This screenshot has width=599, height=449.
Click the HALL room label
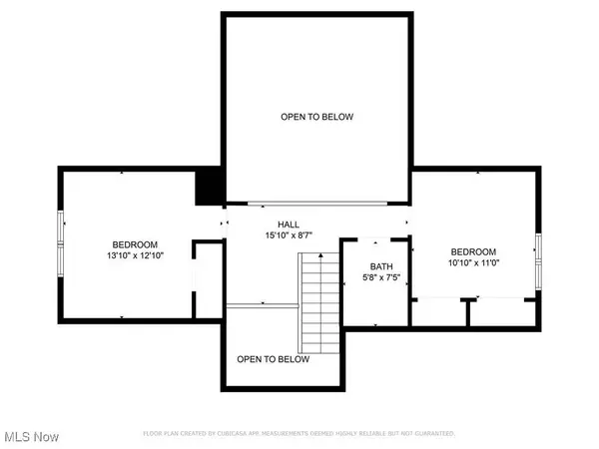pos(289,224)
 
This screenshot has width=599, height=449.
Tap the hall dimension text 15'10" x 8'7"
pos(289,236)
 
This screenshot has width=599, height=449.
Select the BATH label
pos(381,266)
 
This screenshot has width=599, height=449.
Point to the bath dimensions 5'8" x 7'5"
pos(381,278)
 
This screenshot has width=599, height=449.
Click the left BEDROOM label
pos(134,244)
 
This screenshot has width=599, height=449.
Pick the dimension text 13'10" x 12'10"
pos(134,256)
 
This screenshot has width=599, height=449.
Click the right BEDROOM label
pos(473,251)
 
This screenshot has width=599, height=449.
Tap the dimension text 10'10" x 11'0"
pos(473,263)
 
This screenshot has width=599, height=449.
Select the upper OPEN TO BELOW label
pos(316,117)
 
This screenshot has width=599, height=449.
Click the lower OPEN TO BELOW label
pos(273,359)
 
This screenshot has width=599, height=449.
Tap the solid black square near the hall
pos(210,187)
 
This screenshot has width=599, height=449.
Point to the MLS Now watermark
pos(30,437)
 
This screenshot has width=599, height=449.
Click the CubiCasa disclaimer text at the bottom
pos(299,434)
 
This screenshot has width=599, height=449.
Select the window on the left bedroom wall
pos(62,243)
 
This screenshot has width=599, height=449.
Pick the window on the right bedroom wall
pos(538,258)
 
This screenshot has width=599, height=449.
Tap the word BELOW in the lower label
pos(293,359)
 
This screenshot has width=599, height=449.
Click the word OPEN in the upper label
pos(292,117)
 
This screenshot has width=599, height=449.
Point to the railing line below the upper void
pos(317,203)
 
